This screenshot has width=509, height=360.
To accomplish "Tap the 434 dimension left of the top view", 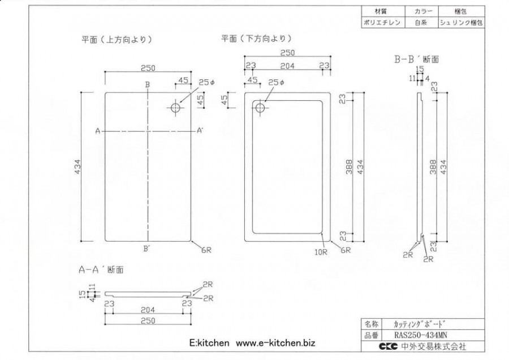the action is click(x=78, y=166).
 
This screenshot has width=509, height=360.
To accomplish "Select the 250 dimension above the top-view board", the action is click(x=148, y=68).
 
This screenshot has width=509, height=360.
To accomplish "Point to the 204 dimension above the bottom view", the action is click(x=287, y=66).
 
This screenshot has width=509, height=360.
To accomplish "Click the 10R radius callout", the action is click(x=321, y=252).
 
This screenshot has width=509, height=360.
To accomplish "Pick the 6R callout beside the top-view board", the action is click(x=206, y=250).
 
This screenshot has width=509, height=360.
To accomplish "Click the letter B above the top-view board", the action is click(x=148, y=84).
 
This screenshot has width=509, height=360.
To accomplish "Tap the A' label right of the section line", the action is click(x=200, y=131).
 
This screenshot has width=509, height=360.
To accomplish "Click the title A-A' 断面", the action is click(x=101, y=269).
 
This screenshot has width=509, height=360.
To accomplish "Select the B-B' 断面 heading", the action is click(x=416, y=59).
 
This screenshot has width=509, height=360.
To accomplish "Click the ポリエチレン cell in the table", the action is click(x=383, y=23).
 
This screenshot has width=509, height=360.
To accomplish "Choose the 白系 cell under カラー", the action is click(x=421, y=23).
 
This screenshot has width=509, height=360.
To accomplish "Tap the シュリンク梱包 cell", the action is click(x=461, y=23).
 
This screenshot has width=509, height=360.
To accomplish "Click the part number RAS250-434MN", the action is click(x=421, y=335).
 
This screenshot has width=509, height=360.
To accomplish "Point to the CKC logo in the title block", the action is click(x=388, y=346).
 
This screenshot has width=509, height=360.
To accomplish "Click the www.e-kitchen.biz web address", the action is click(x=275, y=343).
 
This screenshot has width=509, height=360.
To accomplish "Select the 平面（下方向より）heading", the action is click(x=256, y=38).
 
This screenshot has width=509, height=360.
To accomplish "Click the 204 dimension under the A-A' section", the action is click(x=148, y=310).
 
